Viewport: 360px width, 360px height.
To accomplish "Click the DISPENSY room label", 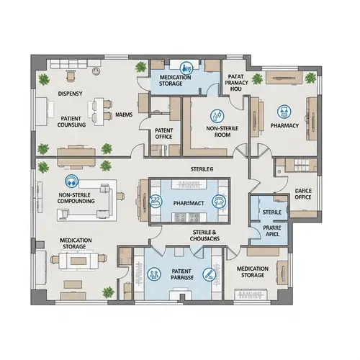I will point(71,94).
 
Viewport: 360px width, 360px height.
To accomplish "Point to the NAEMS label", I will point(124,114).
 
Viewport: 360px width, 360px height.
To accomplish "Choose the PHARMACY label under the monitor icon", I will point(284,125).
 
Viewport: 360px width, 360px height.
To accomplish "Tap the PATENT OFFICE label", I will point(163,134).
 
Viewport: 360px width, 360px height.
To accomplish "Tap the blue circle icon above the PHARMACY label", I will point(284,110).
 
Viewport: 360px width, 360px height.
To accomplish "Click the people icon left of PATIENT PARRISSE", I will point(155,274).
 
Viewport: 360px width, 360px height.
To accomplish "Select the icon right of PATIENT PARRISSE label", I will point(208,274).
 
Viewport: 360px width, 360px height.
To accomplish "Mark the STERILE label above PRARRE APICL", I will point(272,212).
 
